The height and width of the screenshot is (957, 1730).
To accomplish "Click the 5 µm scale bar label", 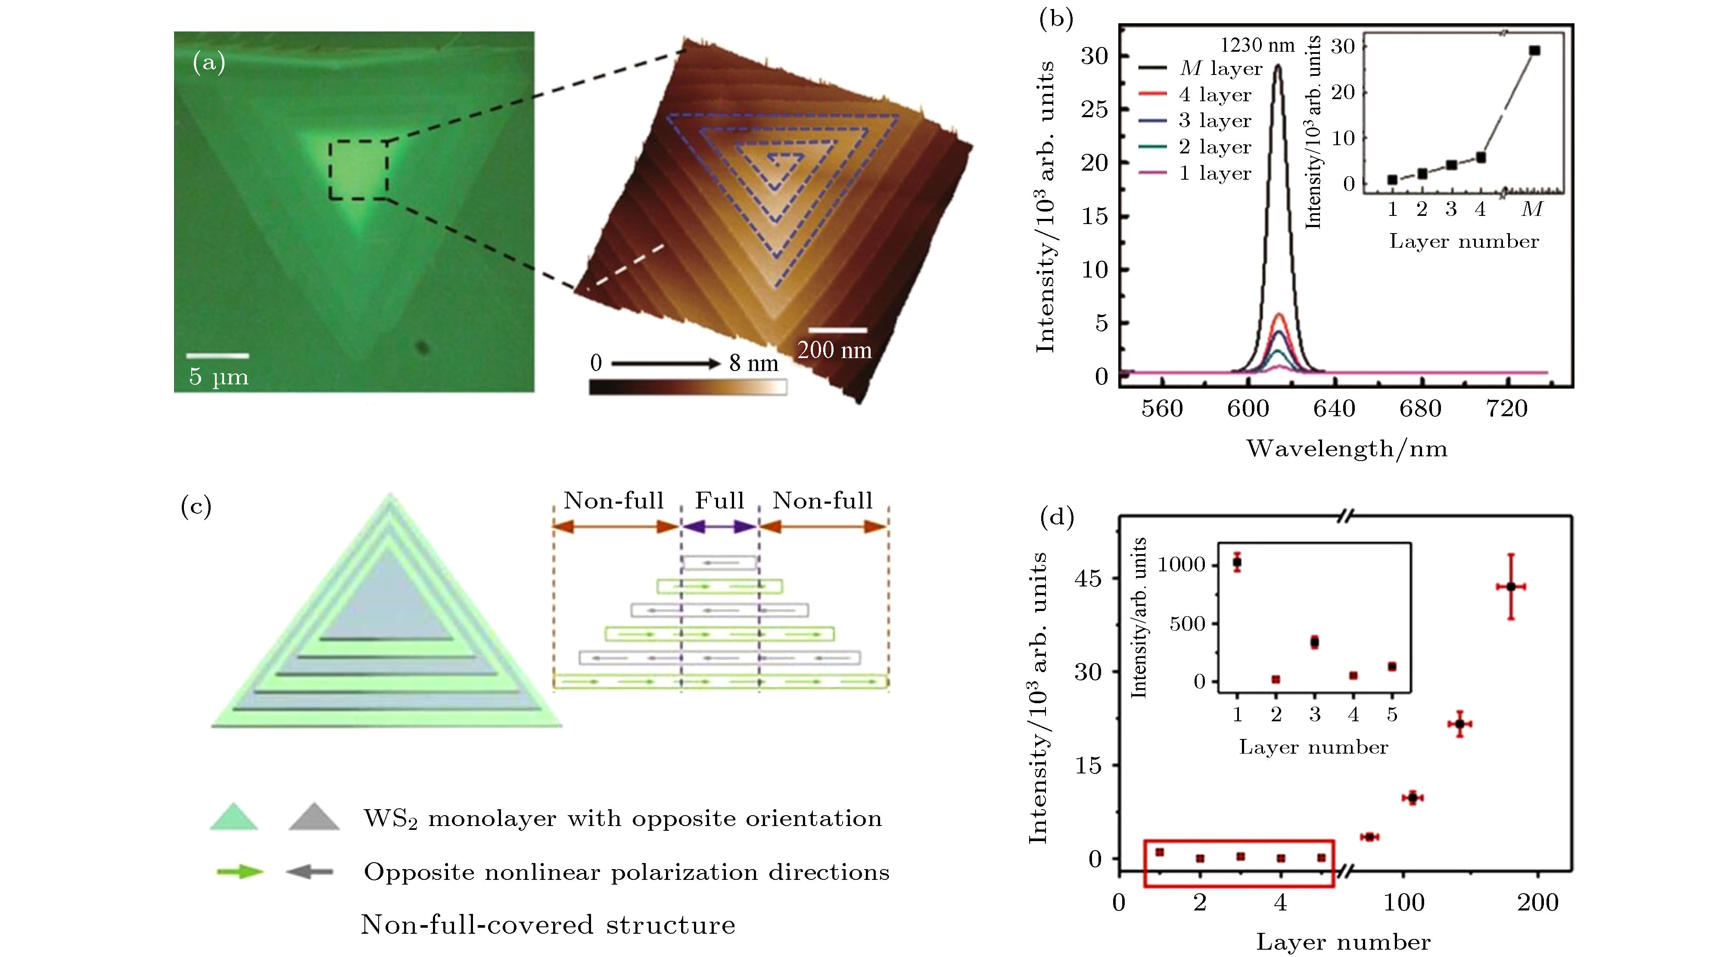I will click(x=218, y=376).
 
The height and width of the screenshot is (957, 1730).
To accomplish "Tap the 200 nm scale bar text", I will click(x=834, y=350).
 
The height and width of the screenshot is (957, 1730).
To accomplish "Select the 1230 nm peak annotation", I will click(x=1257, y=45).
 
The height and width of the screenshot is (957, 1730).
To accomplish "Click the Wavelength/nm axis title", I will click(x=1347, y=449).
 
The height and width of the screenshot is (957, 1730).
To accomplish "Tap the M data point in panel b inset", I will click(x=1534, y=50).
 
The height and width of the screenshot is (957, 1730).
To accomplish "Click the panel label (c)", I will click(x=196, y=506).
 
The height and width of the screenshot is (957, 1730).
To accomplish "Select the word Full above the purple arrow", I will click(x=719, y=500).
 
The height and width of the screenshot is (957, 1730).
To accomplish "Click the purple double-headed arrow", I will click(x=720, y=527).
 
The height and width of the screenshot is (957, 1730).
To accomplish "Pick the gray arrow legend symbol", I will click(x=310, y=872).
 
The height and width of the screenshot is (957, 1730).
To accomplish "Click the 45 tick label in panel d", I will click(x=1088, y=578).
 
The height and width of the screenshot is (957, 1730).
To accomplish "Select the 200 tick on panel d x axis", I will click(x=1537, y=902).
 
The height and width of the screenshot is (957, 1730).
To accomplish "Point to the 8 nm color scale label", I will click(x=753, y=363).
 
